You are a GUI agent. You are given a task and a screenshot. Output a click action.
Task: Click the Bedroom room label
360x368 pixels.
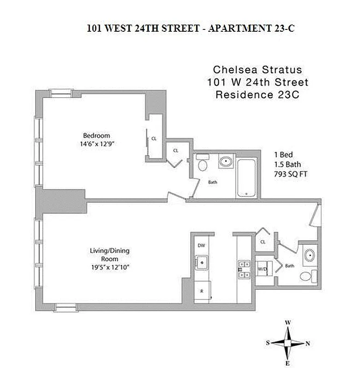pyautogui.click(x=96, y=135)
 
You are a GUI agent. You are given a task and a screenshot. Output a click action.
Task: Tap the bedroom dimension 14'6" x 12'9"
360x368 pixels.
pyautogui.click(x=96, y=144)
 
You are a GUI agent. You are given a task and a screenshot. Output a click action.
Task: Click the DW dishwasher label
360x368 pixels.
pyautogui.click(x=201, y=245)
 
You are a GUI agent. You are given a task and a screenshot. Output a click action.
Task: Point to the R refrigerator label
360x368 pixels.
pyautogui.click(x=201, y=291)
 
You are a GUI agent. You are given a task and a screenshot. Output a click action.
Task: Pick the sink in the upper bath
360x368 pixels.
pyautogui.click(x=226, y=162)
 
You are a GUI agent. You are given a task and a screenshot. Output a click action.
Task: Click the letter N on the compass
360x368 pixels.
pyautogui.click(x=308, y=343)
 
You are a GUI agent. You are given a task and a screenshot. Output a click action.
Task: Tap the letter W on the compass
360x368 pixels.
pyautogui.click(x=288, y=322)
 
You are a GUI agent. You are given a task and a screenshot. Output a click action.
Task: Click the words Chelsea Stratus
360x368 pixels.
pyautogui.click(x=257, y=70)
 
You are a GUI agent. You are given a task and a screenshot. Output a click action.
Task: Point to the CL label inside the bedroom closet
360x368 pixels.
pyautogui.click(x=154, y=138)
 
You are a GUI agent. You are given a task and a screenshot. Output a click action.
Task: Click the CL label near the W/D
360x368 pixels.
pyautogui.click(x=263, y=241)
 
